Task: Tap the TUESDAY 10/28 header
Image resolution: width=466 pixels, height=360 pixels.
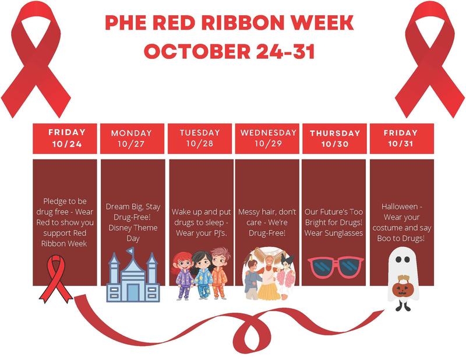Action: coord(199,138)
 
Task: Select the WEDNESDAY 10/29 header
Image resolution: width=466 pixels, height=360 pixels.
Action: coord(267,138)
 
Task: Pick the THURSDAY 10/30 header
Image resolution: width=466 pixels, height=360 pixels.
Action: coord(335,138)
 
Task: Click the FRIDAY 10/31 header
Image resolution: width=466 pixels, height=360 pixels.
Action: coord(401,138)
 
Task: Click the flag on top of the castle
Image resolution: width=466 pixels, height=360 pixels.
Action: coord(132,252)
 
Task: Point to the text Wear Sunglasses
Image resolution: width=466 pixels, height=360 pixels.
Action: coord(334,232)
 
